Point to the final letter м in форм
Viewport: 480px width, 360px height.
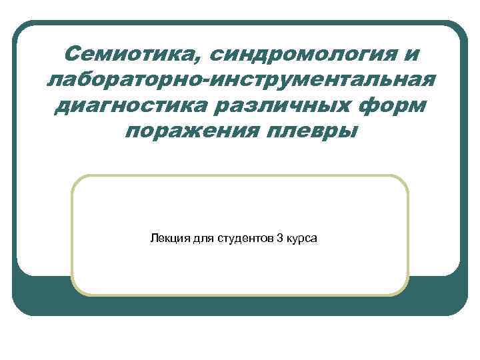pos(415,107)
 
